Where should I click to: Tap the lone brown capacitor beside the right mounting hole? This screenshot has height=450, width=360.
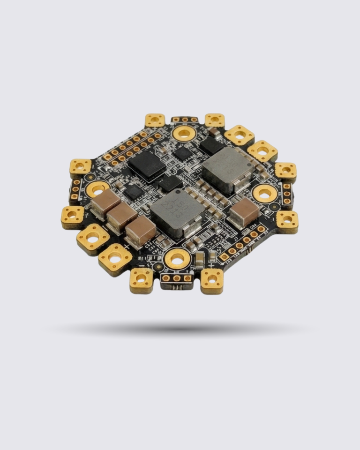(x=244, y=212)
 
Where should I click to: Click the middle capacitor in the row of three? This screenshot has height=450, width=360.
(x=121, y=216)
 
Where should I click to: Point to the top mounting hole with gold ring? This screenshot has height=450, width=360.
(x=183, y=134)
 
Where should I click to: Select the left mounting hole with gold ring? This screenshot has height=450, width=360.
(x=97, y=189)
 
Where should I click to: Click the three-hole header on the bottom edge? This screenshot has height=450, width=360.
(x=177, y=278)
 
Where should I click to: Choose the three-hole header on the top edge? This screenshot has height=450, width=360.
(x=184, y=120)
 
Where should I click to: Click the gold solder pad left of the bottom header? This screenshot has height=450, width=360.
(x=141, y=280)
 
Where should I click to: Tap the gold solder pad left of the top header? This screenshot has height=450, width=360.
(x=155, y=120)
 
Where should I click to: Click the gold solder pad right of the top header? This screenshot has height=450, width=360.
(x=214, y=120)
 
